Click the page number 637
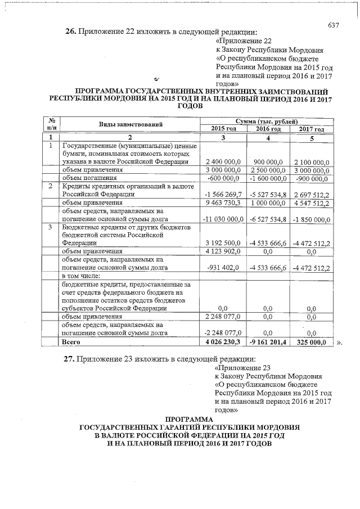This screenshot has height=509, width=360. pyautogui.click(x=334, y=25)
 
